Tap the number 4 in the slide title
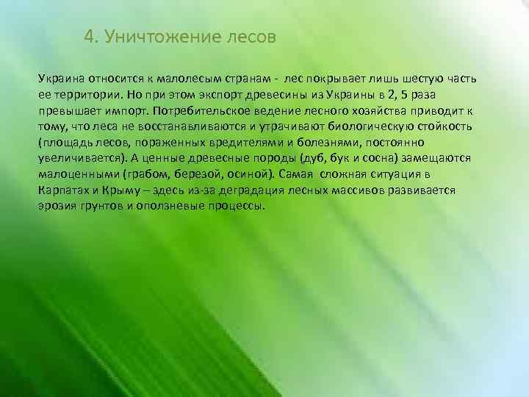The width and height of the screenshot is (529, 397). coord(90,37)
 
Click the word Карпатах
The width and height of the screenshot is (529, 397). coord(65,190)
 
